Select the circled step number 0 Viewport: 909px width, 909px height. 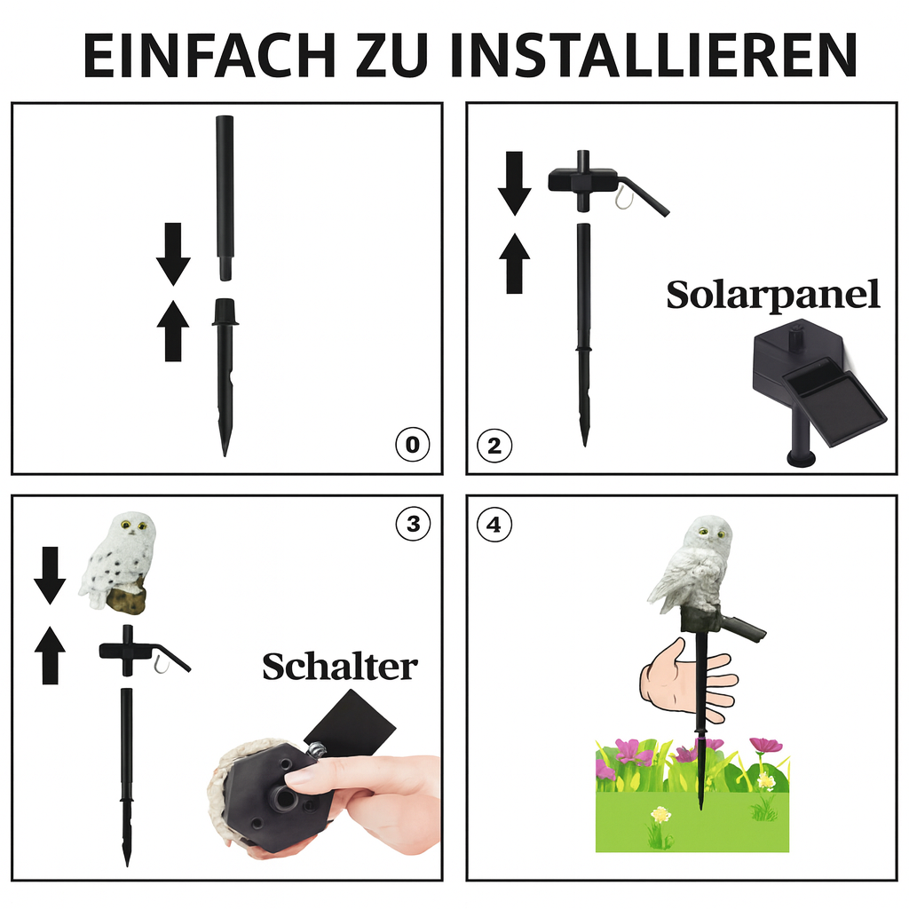tap(411, 444)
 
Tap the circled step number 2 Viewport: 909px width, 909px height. tap(494, 444)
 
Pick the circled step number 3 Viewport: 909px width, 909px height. tap(412, 524)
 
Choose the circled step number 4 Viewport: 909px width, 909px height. tap(494, 525)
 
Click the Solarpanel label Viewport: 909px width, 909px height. tap(772, 296)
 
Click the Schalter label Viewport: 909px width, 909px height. tap(339, 666)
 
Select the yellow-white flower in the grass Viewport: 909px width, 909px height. tap(660, 814)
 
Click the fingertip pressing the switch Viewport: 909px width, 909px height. tap(297, 778)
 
